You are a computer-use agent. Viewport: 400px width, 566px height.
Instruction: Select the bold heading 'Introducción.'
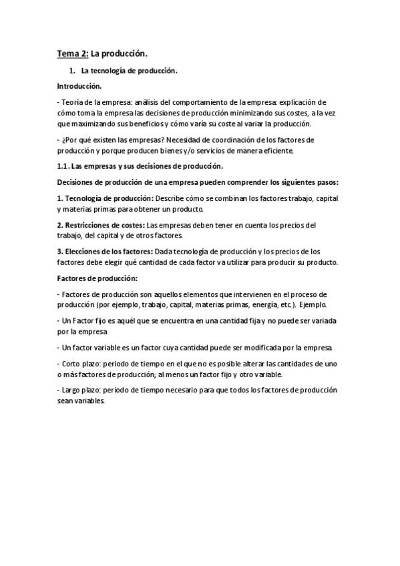79,86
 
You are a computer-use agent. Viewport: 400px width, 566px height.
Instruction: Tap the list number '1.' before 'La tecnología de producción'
73,70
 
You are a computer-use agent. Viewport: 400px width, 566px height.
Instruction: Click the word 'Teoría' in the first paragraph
73,103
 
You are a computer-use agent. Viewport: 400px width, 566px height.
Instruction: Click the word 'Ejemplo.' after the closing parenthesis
313,304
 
